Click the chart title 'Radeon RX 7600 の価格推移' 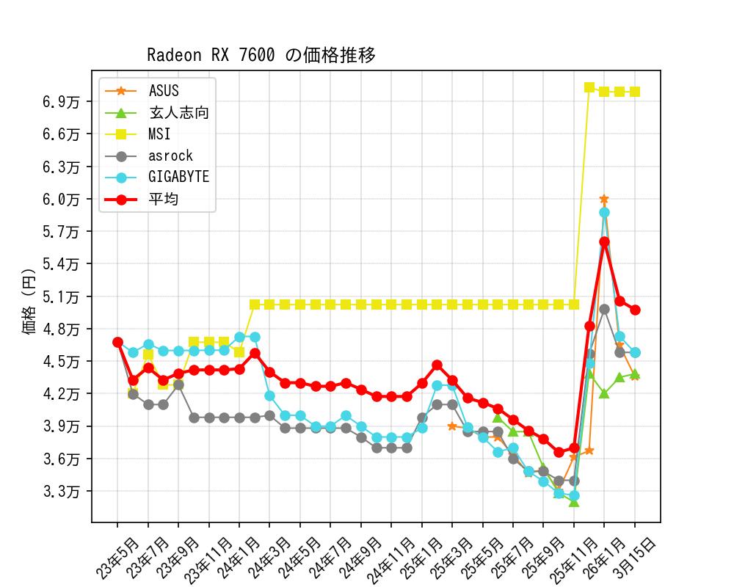point(261,56)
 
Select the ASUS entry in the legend point(163,91)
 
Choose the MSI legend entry point(159,134)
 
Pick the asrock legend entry point(170,156)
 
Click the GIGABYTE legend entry point(178,177)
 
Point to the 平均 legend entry point(163,199)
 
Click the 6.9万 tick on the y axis point(62,101)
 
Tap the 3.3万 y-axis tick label point(62,491)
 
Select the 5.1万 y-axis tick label point(62,296)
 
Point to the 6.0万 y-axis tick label point(62,199)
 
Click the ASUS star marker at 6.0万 point(604,199)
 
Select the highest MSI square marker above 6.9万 point(589,87)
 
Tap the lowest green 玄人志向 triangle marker point(573,502)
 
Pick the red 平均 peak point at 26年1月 point(604,241)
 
